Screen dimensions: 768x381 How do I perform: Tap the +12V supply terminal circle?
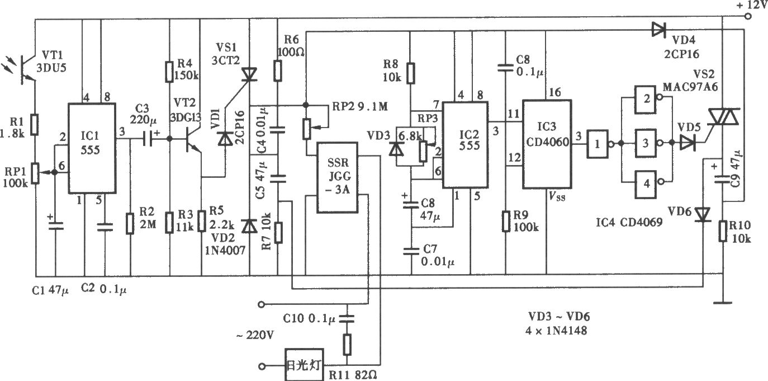pyautogui.click(x=748, y=16)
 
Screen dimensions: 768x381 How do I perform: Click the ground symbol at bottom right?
pyautogui.click(x=723, y=303)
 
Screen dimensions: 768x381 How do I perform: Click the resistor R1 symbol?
pyautogui.click(x=35, y=124)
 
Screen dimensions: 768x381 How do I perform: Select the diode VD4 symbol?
pyautogui.click(x=658, y=30)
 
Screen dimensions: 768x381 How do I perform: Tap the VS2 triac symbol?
pyautogui.click(x=723, y=117)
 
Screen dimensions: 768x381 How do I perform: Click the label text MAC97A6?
pyautogui.click(x=690, y=87)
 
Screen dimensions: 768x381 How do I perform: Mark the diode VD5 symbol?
pyautogui.click(x=688, y=143)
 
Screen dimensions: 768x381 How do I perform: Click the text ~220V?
pyautogui.click(x=255, y=335)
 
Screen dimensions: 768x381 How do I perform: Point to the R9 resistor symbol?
pyautogui.click(x=506, y=222)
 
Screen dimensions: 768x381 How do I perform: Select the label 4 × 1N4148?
pyautogui.click(x=556, y=331)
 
